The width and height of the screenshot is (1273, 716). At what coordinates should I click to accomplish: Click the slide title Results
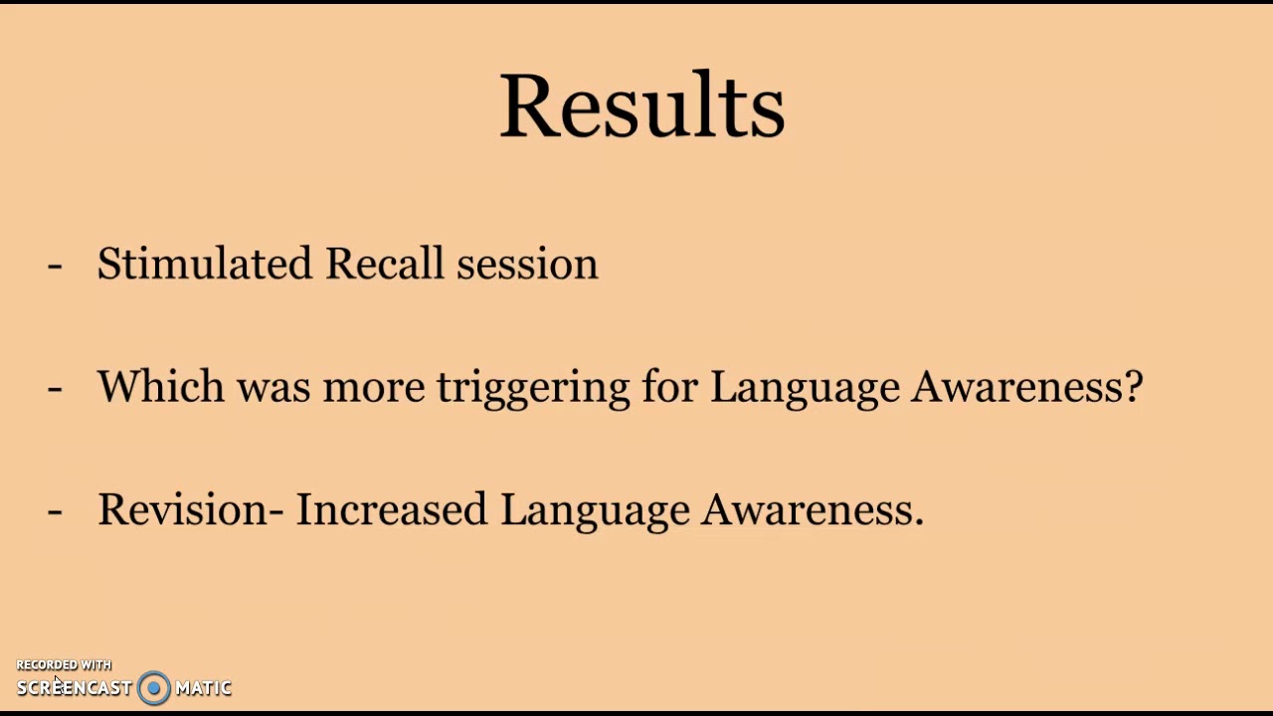coord(641,105)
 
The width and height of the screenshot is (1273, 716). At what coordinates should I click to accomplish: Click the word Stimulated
coord(204,264)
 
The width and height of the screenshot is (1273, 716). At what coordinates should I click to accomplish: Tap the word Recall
coord(384,264)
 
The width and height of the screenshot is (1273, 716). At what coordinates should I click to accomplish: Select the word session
coord(527,264)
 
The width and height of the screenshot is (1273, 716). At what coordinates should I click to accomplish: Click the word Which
coord(161,386)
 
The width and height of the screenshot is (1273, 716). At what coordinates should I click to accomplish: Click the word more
coord(374,387)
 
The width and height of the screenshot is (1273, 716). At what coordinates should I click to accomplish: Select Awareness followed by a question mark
coord(1025,386)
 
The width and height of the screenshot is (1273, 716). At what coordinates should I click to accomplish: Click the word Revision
coord(182,509)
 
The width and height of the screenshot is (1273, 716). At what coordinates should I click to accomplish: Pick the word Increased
coord(392,509)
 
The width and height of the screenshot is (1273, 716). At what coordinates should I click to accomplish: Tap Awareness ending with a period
coord(812,509)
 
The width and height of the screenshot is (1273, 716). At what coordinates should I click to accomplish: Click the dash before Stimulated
coord(55,266)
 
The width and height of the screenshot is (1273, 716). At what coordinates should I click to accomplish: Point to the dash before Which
coord(55,388)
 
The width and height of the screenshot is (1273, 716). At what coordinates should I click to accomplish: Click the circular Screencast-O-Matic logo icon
coord(154,687)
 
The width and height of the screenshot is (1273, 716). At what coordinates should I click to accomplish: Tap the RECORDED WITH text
coord(64,664)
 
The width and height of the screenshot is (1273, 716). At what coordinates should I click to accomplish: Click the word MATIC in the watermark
coord(203,687)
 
